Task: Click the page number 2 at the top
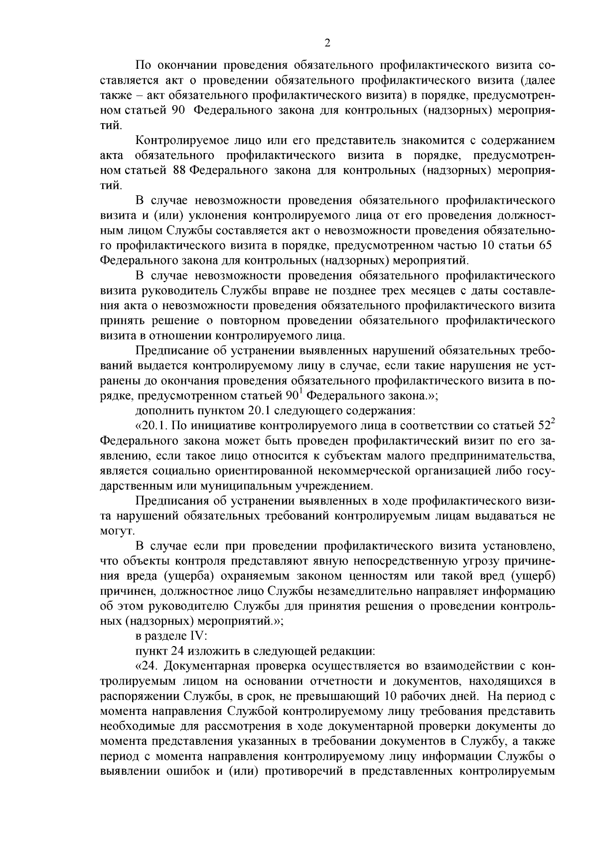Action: coord(327,43)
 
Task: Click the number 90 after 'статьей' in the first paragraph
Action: coord(178,110)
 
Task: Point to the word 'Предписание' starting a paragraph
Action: coord(167,350)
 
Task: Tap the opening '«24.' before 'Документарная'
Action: coord(147,667)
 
